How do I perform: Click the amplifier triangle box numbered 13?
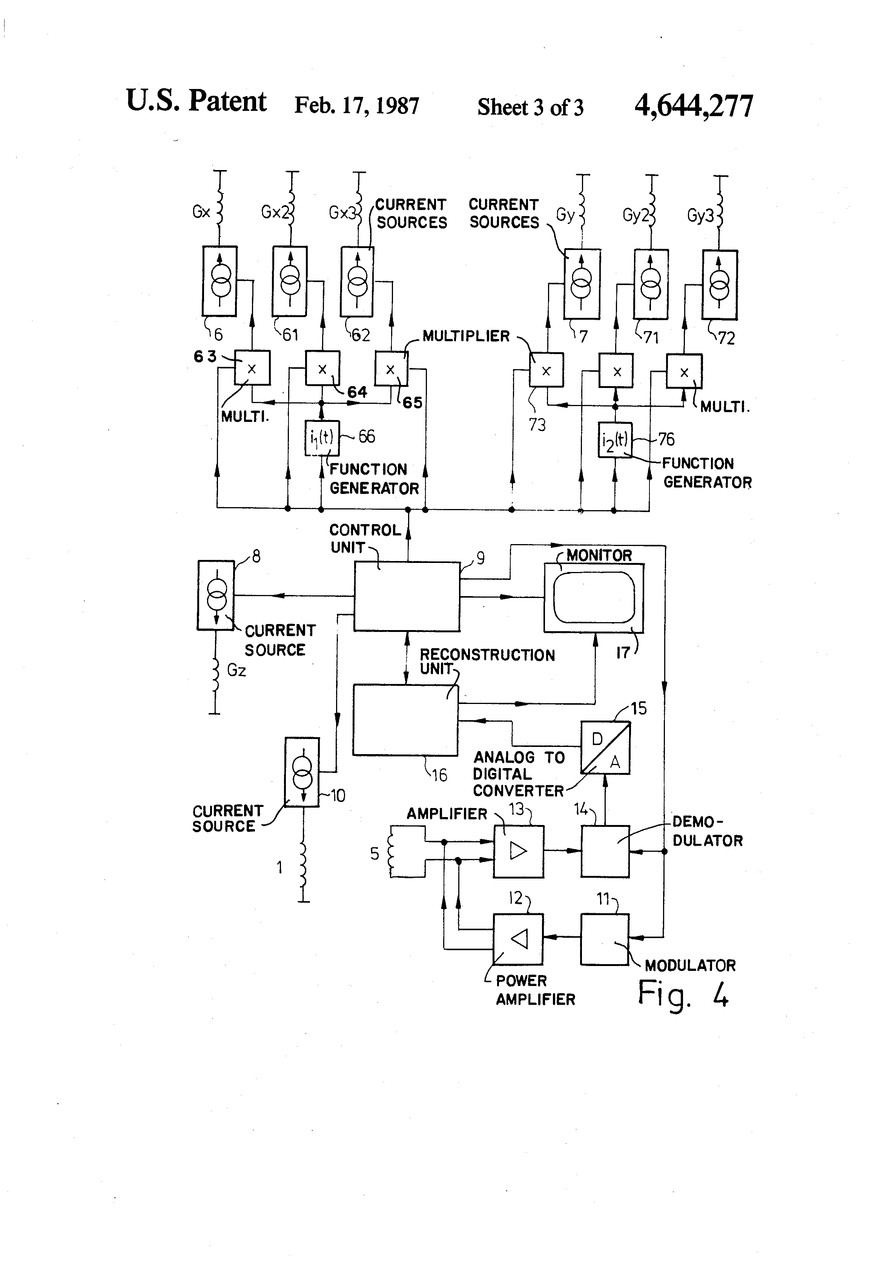point(518,851)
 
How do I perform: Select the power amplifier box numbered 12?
point(518,939)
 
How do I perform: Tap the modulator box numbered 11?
point(605,939)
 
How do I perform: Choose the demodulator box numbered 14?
point(605,851)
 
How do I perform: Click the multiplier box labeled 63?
point(252,368)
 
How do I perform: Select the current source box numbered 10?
point(302,772)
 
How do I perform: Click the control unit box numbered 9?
point(407,596)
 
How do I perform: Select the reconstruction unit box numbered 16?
point(405,720)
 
